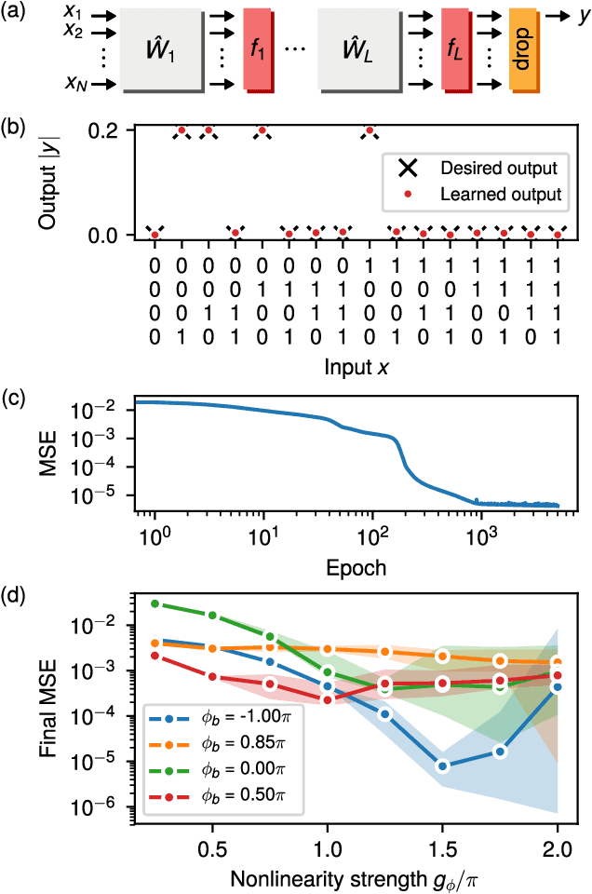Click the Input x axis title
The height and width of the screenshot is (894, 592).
[356, 367]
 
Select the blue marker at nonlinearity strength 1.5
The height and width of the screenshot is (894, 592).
[442, 766]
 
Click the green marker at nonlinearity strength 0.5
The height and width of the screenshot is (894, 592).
[213, 616]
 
